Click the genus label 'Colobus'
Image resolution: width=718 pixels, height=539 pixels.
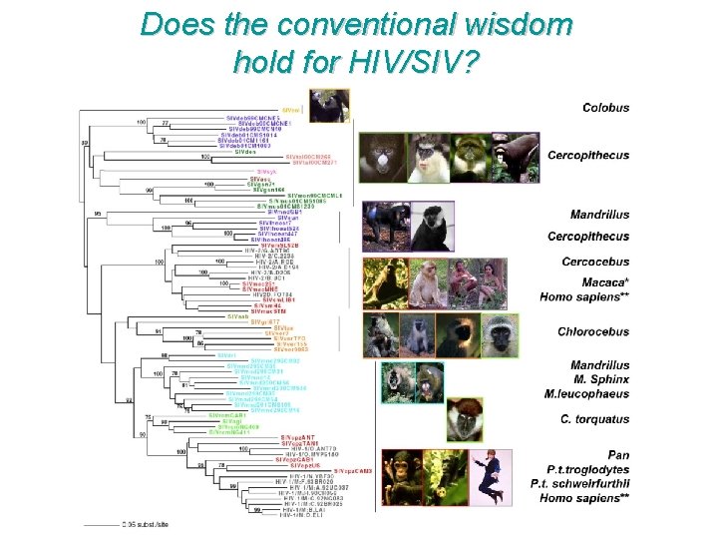coord(605,108)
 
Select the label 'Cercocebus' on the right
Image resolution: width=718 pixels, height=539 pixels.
coord(596,262)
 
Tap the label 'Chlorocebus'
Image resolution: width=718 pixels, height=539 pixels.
coord(592,331)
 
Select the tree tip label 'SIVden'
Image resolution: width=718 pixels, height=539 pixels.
coord(243,152)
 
